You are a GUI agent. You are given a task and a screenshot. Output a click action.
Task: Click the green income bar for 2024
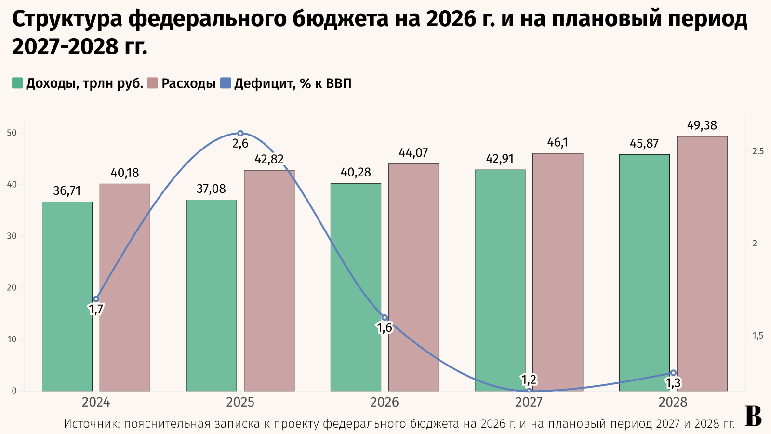67,296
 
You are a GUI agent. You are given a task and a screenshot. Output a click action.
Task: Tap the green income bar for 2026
356,287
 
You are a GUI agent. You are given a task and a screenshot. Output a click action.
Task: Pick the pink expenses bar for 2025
269,280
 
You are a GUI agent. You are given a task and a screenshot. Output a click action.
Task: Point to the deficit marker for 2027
529,391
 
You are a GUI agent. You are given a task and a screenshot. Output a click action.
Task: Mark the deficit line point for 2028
673,373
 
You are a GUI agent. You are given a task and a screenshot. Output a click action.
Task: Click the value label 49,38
702,126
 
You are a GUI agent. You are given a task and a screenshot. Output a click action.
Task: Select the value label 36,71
67,191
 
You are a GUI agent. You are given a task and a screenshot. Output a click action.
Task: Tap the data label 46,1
558,143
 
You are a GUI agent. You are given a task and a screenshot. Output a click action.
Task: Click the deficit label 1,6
385,328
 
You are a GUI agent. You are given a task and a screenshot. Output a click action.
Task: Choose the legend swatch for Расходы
153,83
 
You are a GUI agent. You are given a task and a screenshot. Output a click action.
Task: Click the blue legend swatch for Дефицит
226,83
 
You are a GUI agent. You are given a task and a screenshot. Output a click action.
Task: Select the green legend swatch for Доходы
17,83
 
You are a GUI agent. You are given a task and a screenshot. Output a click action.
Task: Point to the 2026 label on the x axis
385,403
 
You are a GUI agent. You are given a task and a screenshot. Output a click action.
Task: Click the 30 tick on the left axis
12,236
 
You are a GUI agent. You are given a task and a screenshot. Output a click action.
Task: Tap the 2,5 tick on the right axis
758,152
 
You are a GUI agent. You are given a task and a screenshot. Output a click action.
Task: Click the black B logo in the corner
753,417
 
